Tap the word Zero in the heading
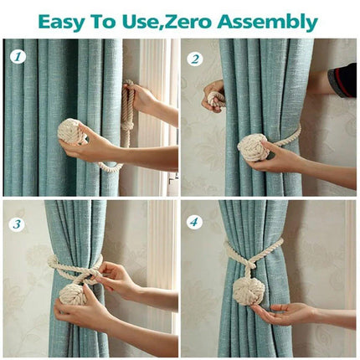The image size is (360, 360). (188, 22)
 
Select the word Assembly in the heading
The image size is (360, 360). (267, 22)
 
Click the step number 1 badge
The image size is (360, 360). (18, 57)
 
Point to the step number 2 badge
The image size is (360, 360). (195, 59)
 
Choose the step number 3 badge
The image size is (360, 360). (17, 224)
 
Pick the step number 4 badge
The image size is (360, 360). (194, 223)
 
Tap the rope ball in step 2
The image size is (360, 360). (254, 147)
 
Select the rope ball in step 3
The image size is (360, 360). (74, 295)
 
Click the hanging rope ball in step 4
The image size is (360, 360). (249, 288)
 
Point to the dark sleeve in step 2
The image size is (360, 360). (342, 80)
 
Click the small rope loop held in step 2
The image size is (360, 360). (216, 99)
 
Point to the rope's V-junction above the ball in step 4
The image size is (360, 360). (249, 262)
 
